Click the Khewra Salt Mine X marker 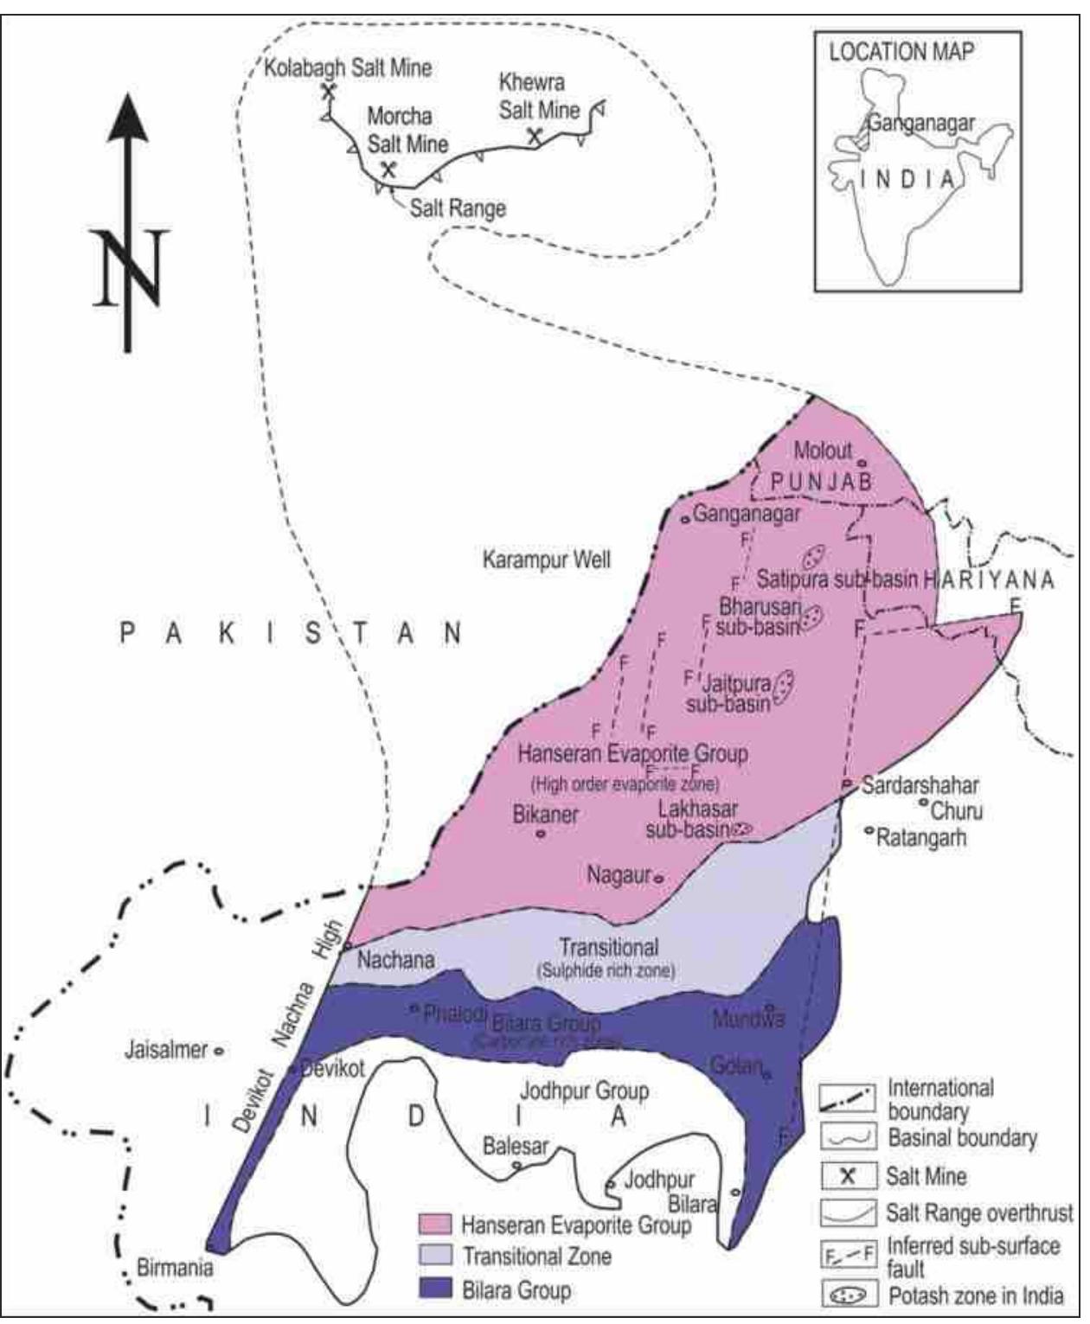(535, 135)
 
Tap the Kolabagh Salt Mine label (348, 67)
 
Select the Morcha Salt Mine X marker (388, 169)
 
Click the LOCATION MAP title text (901, 52)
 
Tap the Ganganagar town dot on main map (684, 518)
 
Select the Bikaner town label (546, 814)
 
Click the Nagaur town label (618, 874)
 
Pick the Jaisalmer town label (166, 1050)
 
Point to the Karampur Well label (546, 560)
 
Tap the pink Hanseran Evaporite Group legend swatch (435, 1224)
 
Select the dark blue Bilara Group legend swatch (435, 1289)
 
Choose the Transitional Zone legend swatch (435, 1256)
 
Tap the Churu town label (957, 811)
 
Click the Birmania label (175, 1268)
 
